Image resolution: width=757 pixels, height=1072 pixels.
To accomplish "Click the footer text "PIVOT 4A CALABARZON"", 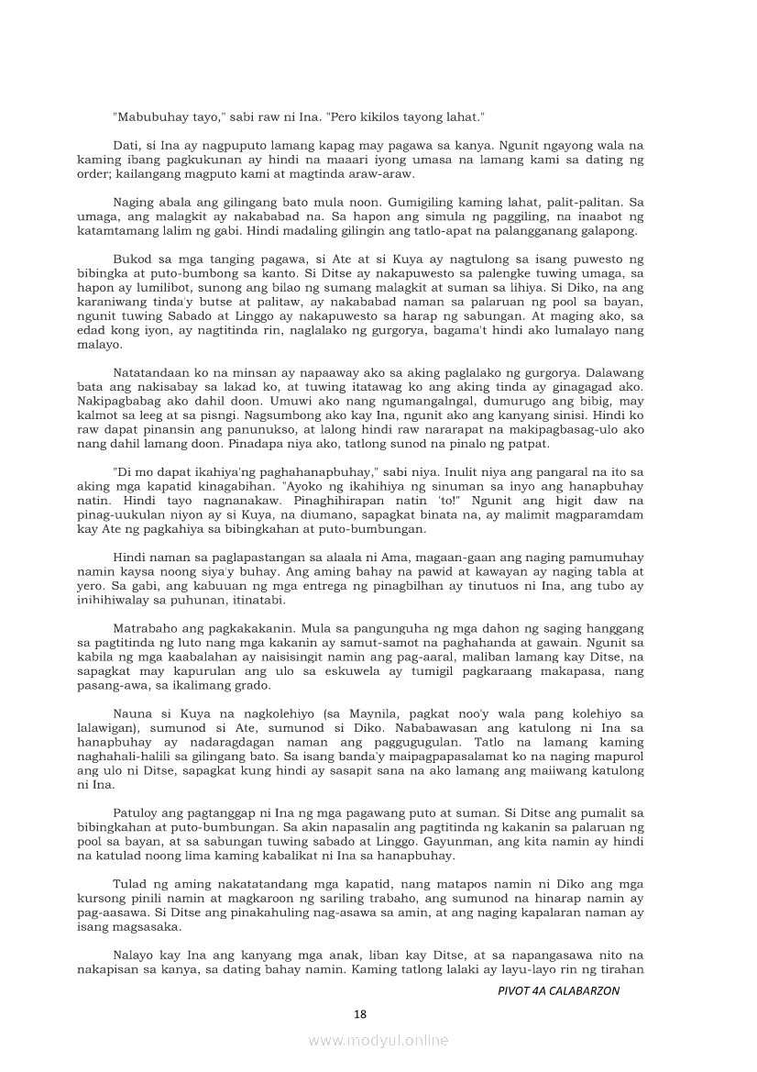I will (x=558, y=991).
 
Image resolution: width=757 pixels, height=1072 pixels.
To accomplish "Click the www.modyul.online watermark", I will (x=378, y=1041).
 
